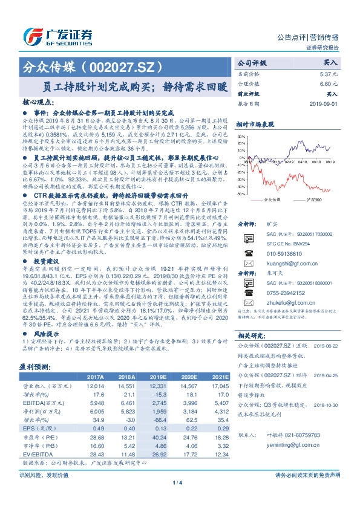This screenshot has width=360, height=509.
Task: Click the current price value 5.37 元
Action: click(329, 74)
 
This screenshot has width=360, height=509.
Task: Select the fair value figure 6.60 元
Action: click(329, 84)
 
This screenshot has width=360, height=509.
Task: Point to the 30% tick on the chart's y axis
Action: click(241, 137)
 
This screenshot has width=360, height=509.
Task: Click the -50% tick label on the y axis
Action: click(241, 194)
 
